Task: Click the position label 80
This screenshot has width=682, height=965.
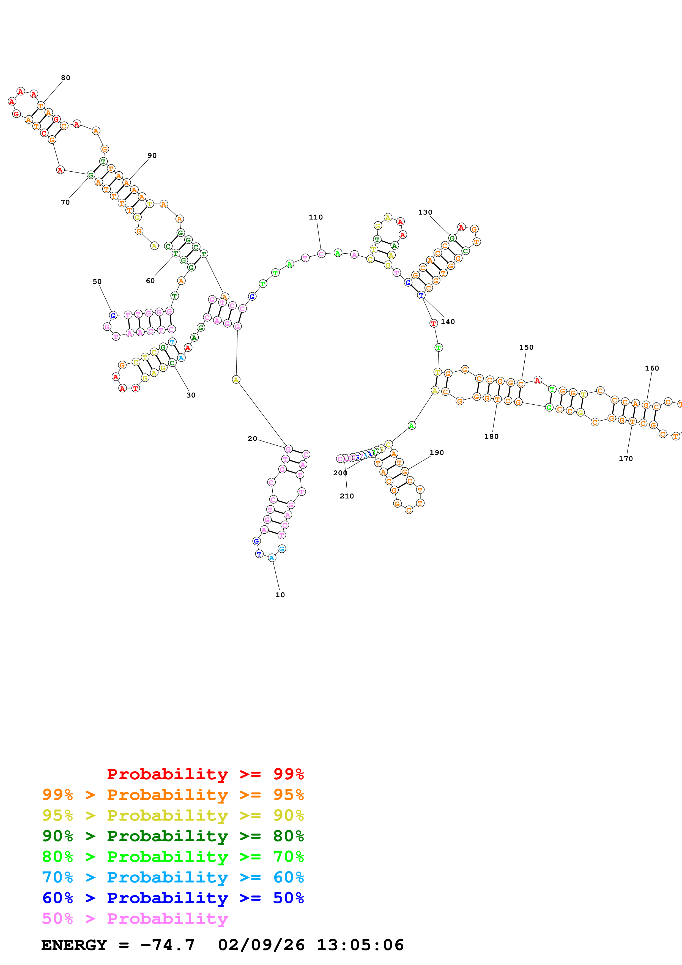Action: [65, 78]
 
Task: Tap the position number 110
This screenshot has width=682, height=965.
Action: [316, 217]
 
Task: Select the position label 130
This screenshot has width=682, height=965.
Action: [425, 212]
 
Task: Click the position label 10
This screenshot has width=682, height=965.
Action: [280, 595]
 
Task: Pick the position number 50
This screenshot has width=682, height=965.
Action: [97, 282]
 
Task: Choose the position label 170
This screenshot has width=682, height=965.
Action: [625, 459]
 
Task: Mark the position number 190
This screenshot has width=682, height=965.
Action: [437, 453]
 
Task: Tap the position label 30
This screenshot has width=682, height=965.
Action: [191, 395]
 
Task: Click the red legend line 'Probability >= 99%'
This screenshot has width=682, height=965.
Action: [205, 774]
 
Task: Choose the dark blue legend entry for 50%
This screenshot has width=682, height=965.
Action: [173, 898]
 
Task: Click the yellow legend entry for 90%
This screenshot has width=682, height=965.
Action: [173, 815]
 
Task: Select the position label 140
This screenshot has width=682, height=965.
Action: [448, 322]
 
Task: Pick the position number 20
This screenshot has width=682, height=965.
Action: [252, 439]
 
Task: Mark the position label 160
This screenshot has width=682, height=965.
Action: [652, 368]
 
